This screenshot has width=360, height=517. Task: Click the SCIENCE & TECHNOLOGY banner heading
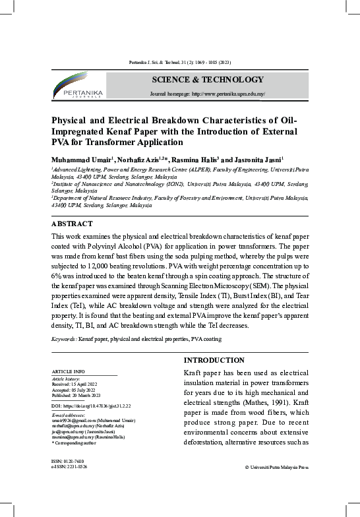pyautogui.click(x=208, y=80)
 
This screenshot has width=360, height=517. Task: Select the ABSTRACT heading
pyautogui.click(x=72, y=224)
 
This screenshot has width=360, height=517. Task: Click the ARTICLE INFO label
pyautogui.click(x=68, y=373)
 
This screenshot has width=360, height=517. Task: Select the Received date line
pyautogui.click(x=74, y=384)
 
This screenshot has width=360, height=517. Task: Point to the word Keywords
pyautogui.click(x=64, y=339)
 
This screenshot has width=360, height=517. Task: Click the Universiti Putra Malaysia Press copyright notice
pyautogui.click(x=276, y=468)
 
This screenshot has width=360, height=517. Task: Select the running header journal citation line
pyautogui.click(x=180, y=62)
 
